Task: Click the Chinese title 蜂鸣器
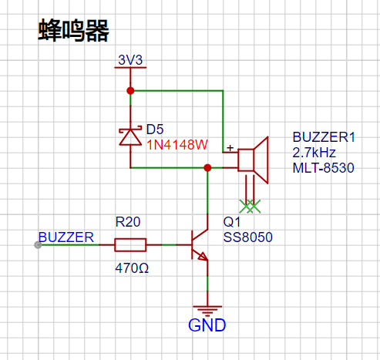[x=74, y=30]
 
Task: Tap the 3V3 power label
[x=130, y=60]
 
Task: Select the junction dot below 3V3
[x=130, y=91]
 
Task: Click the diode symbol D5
[x=130, y=136]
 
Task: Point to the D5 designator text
[x=155, y=130]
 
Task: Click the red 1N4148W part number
[x=177, y=145]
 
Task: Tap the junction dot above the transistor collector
[x=207, y=168]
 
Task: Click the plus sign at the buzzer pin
[x=230, y=148]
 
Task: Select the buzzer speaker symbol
[x=254, y=160]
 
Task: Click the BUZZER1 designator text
[x=324, y=137]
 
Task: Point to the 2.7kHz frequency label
[x=314, y=153]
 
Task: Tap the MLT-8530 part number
[x=324, y=168]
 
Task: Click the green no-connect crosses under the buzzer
[x=250, y=207]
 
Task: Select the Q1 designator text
[x=232, y=222]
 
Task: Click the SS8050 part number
[x=247, y=237]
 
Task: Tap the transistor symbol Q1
[x=200, y=245]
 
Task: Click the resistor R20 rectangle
[x=130, y=245]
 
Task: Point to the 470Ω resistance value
[x=132, y=268]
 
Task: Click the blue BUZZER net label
[x=66, y=237]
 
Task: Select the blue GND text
[x=207, y=325]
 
